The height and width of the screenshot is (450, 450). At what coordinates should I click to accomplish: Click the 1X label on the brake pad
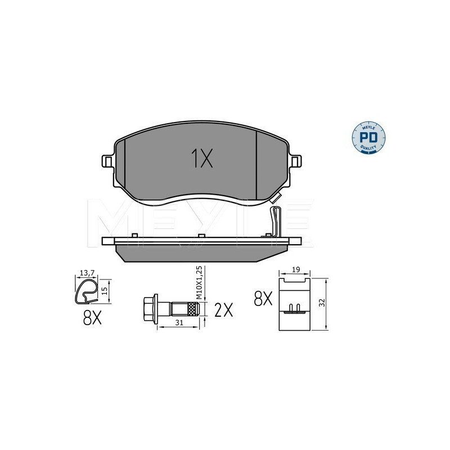[x=202, y=158]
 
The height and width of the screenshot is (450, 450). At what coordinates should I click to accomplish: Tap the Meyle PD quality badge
[x=368, y=138]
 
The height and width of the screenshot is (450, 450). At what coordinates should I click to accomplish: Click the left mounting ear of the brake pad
[x=108, y=161]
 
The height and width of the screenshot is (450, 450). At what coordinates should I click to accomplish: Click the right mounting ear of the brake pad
[x=296, y=161]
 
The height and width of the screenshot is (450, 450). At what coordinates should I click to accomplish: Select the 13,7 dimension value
[x=87, y=273]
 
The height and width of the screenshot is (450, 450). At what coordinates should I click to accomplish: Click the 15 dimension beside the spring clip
[x=105, y=291]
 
